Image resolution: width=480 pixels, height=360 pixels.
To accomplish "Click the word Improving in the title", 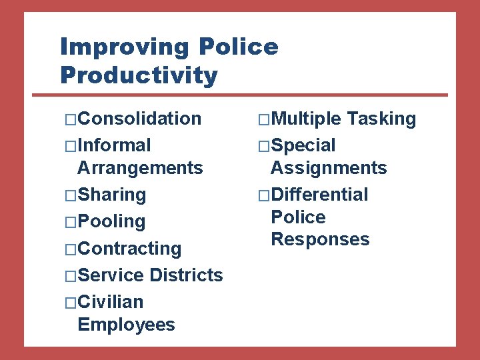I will coord(126,47).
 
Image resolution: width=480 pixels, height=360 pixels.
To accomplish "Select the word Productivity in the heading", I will coord(139,75).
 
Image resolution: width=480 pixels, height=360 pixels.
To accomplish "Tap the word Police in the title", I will coord(238,47).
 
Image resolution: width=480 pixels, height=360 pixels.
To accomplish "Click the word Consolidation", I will coord(139,119).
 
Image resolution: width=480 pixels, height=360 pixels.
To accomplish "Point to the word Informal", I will coord(114,145).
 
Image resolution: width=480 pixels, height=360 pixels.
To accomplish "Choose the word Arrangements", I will coord(140,167).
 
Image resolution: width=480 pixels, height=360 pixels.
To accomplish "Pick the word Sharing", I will coord(111,195).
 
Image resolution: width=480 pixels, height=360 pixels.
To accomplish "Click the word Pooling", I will coord(111,222).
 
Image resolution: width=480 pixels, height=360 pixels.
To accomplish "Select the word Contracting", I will coord(129,249).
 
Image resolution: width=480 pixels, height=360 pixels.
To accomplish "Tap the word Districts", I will coord(187,275).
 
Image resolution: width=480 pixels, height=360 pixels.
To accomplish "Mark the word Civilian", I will coord(110,302).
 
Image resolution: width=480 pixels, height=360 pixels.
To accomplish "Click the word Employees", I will coord(126,325).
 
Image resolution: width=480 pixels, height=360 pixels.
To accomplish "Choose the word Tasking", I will coord(381,119).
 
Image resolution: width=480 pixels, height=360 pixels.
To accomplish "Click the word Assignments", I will coord(329,167).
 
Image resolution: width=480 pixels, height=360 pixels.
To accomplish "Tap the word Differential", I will coord(319,195).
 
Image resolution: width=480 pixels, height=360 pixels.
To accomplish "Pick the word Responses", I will coord(320,239).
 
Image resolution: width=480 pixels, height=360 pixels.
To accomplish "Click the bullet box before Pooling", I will coord(71,222).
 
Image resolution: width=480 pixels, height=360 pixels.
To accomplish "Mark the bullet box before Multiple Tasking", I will coord(264,119).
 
